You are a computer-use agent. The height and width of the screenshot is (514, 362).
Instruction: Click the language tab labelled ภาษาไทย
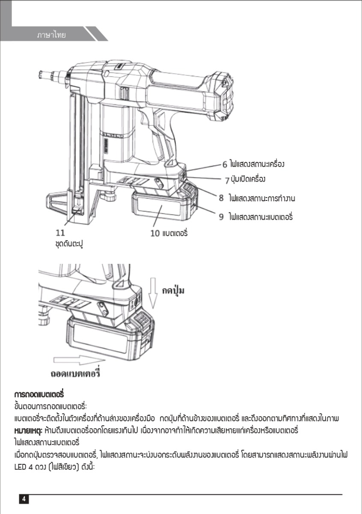(51, 35)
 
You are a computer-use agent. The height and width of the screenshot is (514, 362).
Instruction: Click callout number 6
(224, 164)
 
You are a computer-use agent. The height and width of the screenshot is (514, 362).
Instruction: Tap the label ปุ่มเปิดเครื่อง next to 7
(253, 179)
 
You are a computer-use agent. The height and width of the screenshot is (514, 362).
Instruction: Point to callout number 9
(221, 217)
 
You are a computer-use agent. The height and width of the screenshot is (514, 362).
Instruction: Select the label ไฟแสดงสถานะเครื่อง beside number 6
(257, 164)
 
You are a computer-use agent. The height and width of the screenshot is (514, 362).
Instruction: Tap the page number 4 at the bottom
(24, 499)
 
